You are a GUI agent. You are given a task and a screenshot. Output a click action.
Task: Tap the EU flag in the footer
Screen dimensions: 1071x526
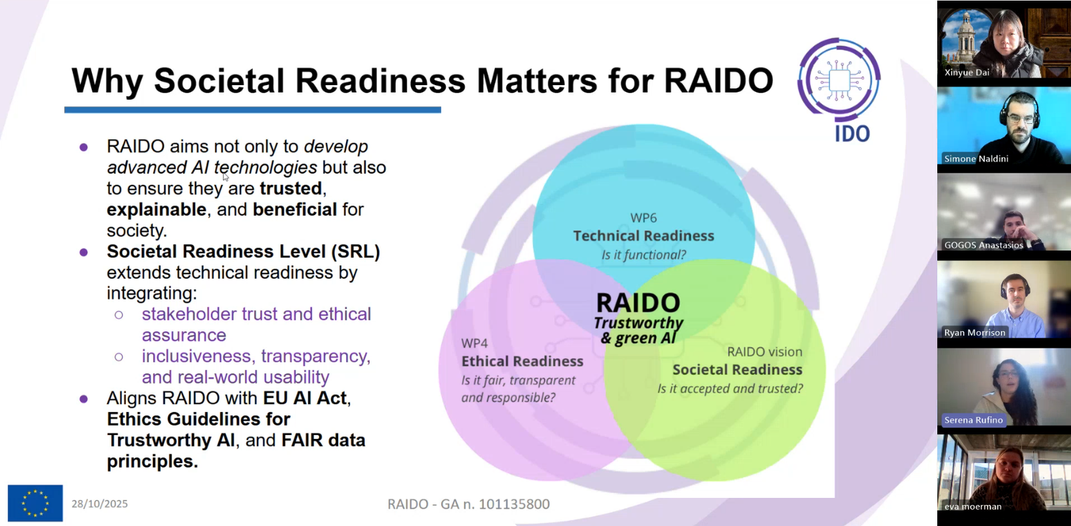(x=35, y=503)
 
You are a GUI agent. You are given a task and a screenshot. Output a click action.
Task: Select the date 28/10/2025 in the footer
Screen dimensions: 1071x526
(x=100, y=504)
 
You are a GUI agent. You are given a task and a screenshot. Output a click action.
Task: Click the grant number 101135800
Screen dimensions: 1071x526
(x=514, y=504)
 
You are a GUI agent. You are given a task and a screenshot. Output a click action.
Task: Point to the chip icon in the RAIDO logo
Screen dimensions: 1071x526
(x=839, y=80)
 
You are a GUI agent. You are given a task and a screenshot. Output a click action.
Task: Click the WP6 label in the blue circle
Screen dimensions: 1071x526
(x=643, y=218)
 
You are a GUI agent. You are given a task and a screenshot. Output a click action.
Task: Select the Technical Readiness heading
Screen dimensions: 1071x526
(x=643, y=235)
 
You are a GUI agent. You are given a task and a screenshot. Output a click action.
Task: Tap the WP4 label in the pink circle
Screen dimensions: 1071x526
(x=475, y=343)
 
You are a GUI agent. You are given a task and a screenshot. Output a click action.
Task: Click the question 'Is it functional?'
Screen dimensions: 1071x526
(x=643, y=255)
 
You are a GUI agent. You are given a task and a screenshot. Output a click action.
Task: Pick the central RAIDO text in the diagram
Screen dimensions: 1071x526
(x=639, y=303)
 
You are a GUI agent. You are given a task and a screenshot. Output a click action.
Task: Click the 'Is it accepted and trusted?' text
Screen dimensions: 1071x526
(x=730, y=388)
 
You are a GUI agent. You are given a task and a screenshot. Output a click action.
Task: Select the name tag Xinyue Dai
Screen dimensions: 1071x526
(x=967, y=72)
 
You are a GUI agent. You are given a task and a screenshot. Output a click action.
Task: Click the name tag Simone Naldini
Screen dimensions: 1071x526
(x=976, y=158)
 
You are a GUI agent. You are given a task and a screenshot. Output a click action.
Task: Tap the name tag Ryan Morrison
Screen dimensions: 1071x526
(x=975, y=332)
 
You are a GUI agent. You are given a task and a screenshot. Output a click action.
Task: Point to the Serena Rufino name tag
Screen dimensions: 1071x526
(x=973, y=419)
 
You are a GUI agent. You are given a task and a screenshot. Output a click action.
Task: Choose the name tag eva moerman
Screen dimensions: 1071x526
(x=973, y=507)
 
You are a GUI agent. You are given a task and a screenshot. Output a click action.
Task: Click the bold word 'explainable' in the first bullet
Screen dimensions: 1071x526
(x=157, y=210)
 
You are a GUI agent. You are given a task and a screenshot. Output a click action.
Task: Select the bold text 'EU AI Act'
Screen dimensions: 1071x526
(x=305, y=398)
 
